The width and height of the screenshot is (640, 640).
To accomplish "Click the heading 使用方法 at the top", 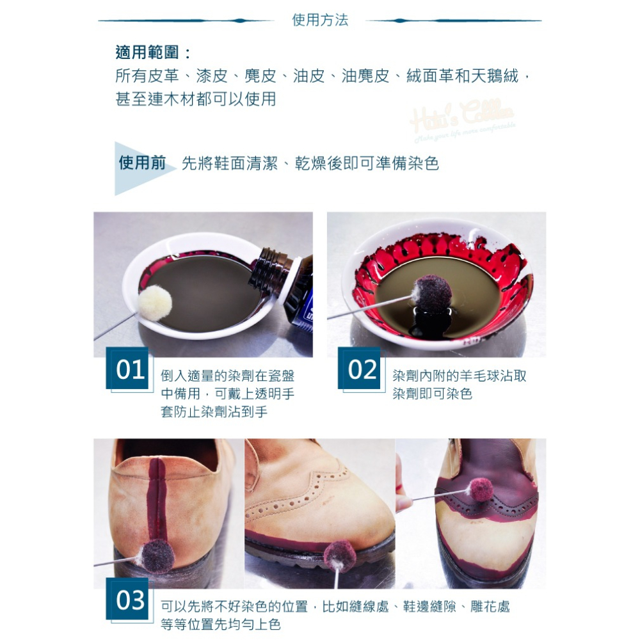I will pyautogui.click(x=320, y=20).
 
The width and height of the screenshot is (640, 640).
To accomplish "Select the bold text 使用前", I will pyautogui.click(x=142, y=163).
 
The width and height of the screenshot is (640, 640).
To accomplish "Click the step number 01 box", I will pyautogui.click(x=128, y=369).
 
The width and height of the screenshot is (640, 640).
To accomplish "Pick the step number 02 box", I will pyautogui.click(x=360, y=369).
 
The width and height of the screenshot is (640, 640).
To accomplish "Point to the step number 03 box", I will pyautogui.click(x=128, y=600).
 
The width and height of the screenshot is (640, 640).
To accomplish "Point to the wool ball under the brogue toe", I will pyautogui.click(x=339, y=556).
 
